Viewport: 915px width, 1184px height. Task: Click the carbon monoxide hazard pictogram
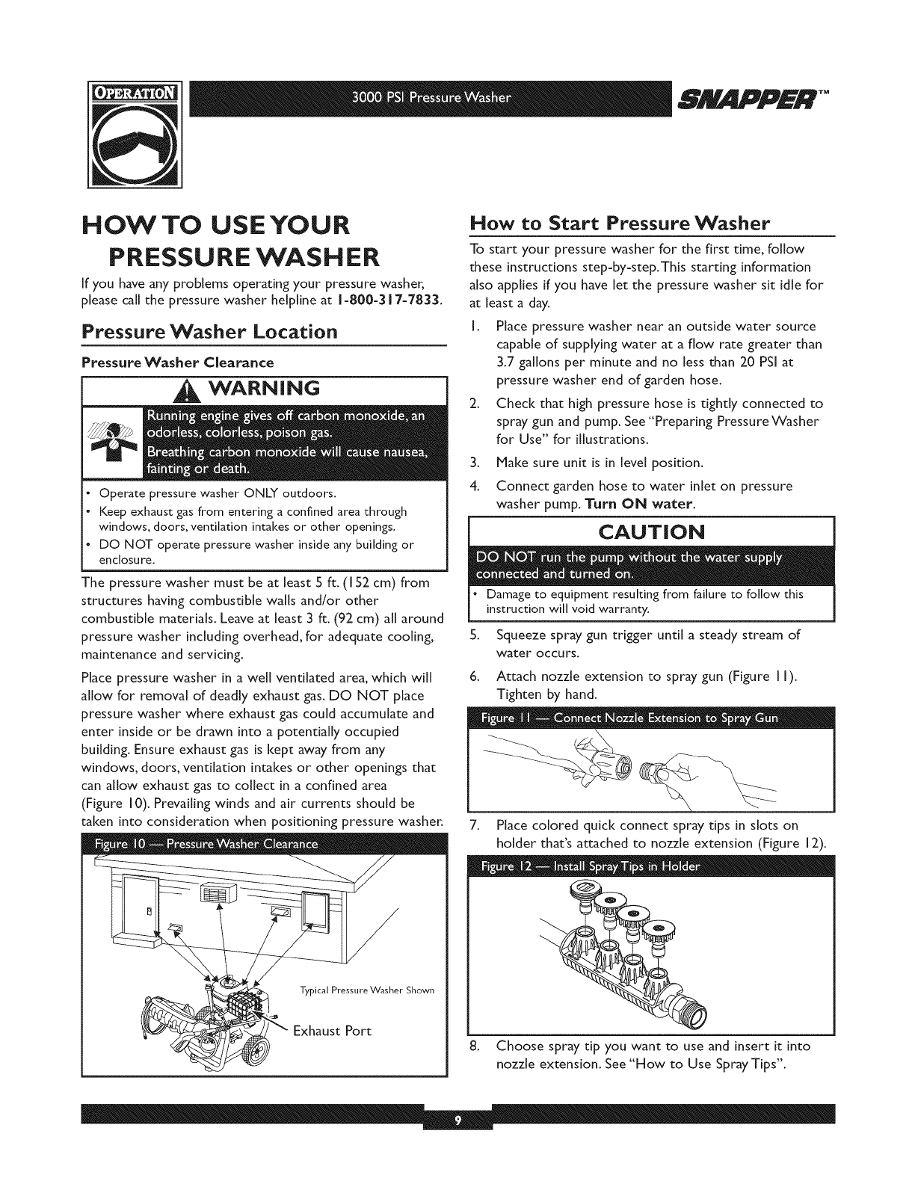click(111, 445)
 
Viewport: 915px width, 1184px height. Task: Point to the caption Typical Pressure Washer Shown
click(366, 990)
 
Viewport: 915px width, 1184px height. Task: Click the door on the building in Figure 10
click(140, 907)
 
